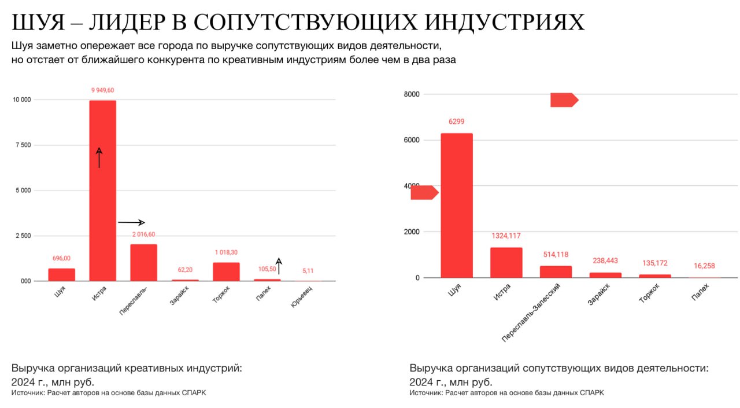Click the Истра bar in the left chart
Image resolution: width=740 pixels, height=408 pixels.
(x=102, y=191)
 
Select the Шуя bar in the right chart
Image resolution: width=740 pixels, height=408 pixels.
(x=457, y=205)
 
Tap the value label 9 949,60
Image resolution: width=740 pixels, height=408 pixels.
(x=102, y=90)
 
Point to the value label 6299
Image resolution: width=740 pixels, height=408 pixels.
(x=457, y=122)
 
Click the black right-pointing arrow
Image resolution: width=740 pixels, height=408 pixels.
(x=131, y=222)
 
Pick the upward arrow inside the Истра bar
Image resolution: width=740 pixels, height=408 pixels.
(x=99, y=157)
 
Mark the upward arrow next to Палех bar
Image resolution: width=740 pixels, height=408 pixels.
(x=278, y=266)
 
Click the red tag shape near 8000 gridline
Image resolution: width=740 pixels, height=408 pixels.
(x=564, y=100)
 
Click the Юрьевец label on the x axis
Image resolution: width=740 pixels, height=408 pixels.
(x=299, y=293)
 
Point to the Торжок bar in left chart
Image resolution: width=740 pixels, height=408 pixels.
(x=225, y=271)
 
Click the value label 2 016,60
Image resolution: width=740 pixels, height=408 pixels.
(x=143, y=234)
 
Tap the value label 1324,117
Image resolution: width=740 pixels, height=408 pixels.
(x=506, y=236)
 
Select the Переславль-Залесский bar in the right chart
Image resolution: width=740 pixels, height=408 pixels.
(x=556, y=272)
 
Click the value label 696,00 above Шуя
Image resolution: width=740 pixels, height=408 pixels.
(x=61, y=258)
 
